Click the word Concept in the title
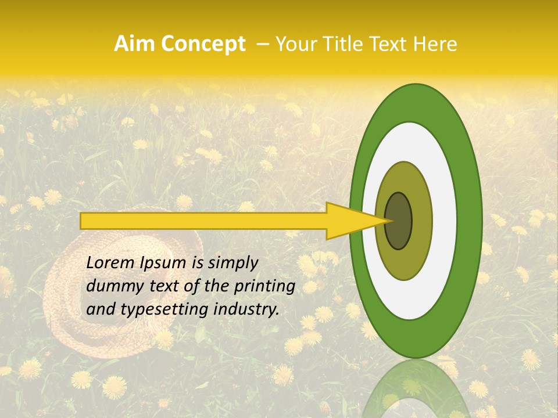pyautogui.click(x=202, y=44)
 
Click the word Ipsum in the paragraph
pyautogui.click(x=165, y=262)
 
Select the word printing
pyautogui.click(x=265, y=286)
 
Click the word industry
pyautogui.click(x=246, y=309)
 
